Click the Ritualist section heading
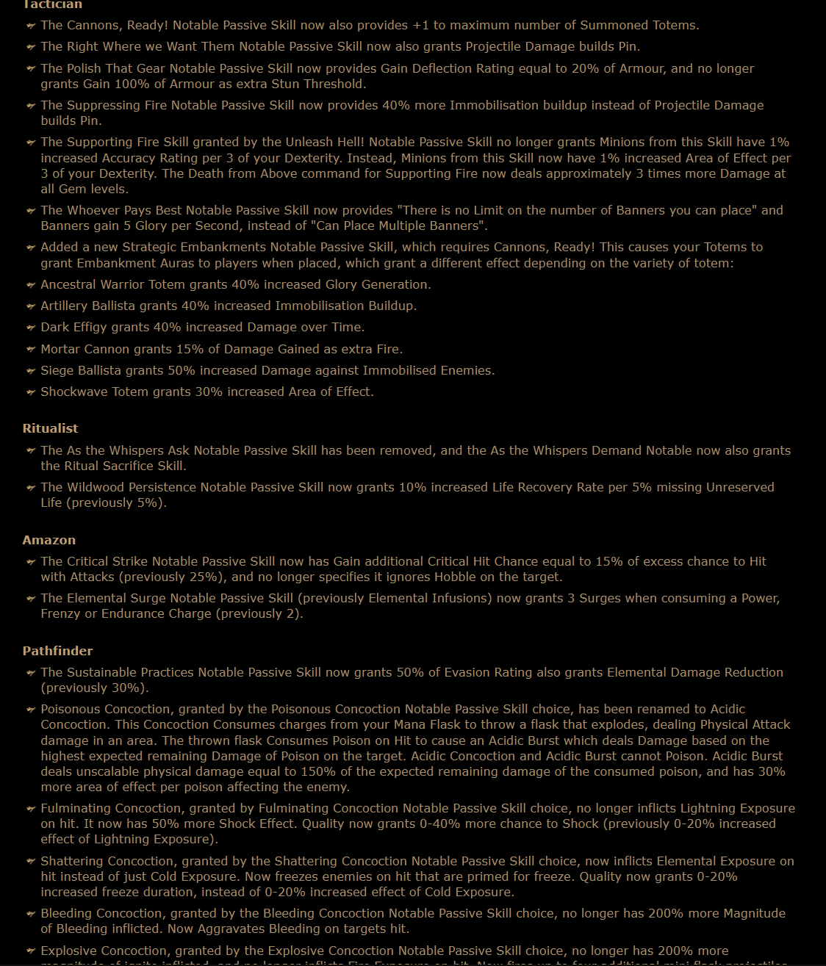tap(50, 428)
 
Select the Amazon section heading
tap(49, 540)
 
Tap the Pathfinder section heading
tap(57, 651)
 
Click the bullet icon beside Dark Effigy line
tap(31, 328)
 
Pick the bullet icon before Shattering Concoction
tap(31, 862)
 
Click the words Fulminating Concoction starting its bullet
tap(101, 808)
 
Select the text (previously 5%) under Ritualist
tap(104, 502)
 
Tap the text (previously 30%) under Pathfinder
tap(95, 688)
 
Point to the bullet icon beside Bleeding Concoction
tap(31, 914)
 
